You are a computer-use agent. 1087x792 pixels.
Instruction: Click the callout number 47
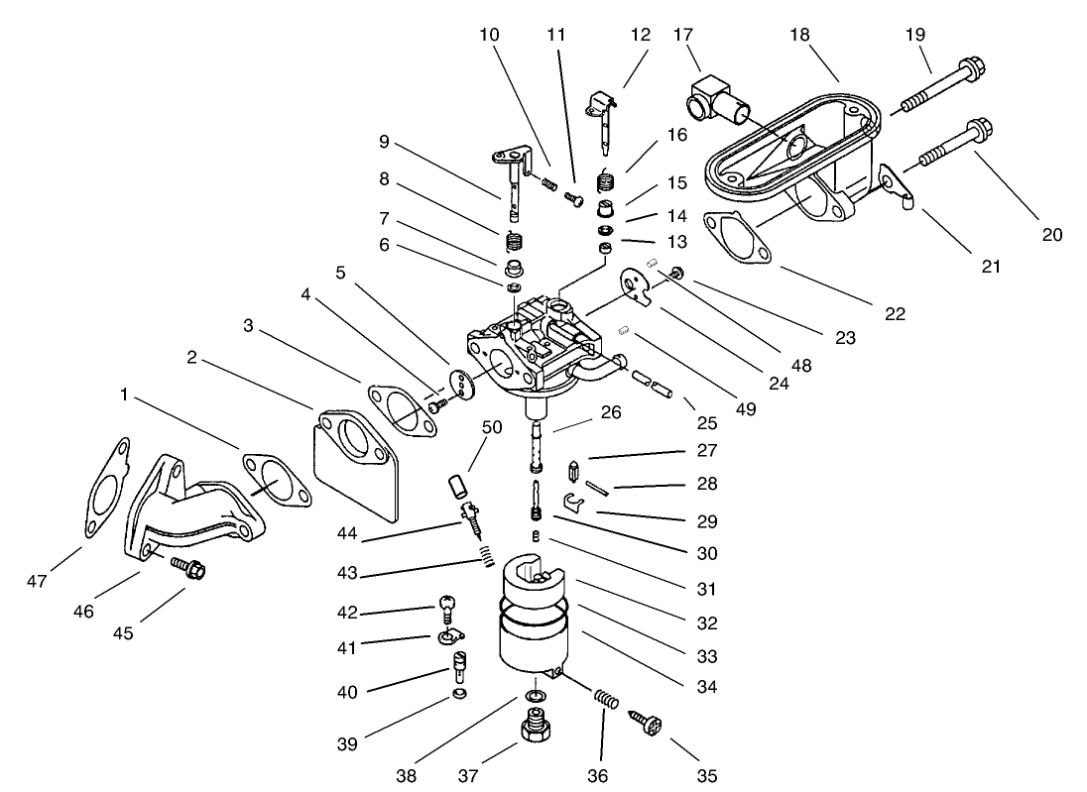38,582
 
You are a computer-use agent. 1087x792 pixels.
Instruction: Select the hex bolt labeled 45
188,569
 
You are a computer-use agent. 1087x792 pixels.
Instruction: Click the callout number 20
1051,235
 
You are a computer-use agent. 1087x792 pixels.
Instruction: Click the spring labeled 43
486,557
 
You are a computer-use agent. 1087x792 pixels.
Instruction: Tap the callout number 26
611,412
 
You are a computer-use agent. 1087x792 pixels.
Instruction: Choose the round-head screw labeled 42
448,607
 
